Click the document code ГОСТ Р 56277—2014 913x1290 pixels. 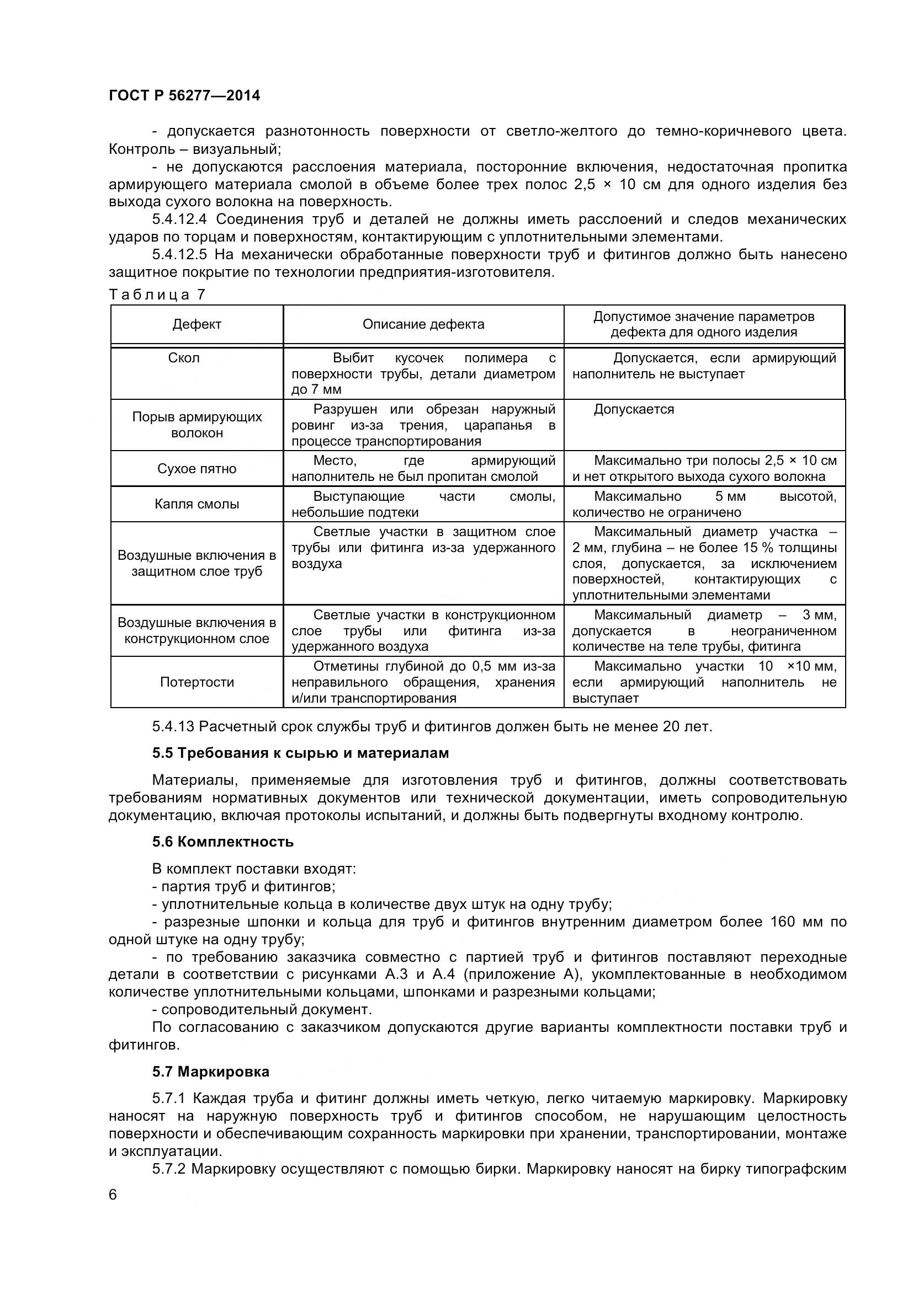tap(184, 95)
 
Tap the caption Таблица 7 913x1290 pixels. tap(157, 295)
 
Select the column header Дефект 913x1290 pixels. tap(197, 324)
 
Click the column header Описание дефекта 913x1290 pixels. tap(423, 324)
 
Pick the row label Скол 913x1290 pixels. tap(184, 358)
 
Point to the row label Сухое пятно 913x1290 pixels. tap(197, 469)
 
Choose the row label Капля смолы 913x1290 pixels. tap(197, 504)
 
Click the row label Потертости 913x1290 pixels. tap(197, 682)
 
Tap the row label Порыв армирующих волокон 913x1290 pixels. tap(197, 425)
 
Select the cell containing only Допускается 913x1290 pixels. tap(634, 409)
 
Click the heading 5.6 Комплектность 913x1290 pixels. tap(222, 842)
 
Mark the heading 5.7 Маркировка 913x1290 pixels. tap(211, 1072)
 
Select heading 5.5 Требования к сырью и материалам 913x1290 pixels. tap(300, 753)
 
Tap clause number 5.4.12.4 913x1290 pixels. tap(180, 219)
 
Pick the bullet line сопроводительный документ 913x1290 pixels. tap(266, 1010)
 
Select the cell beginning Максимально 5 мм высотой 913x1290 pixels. tap(704, 504)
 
